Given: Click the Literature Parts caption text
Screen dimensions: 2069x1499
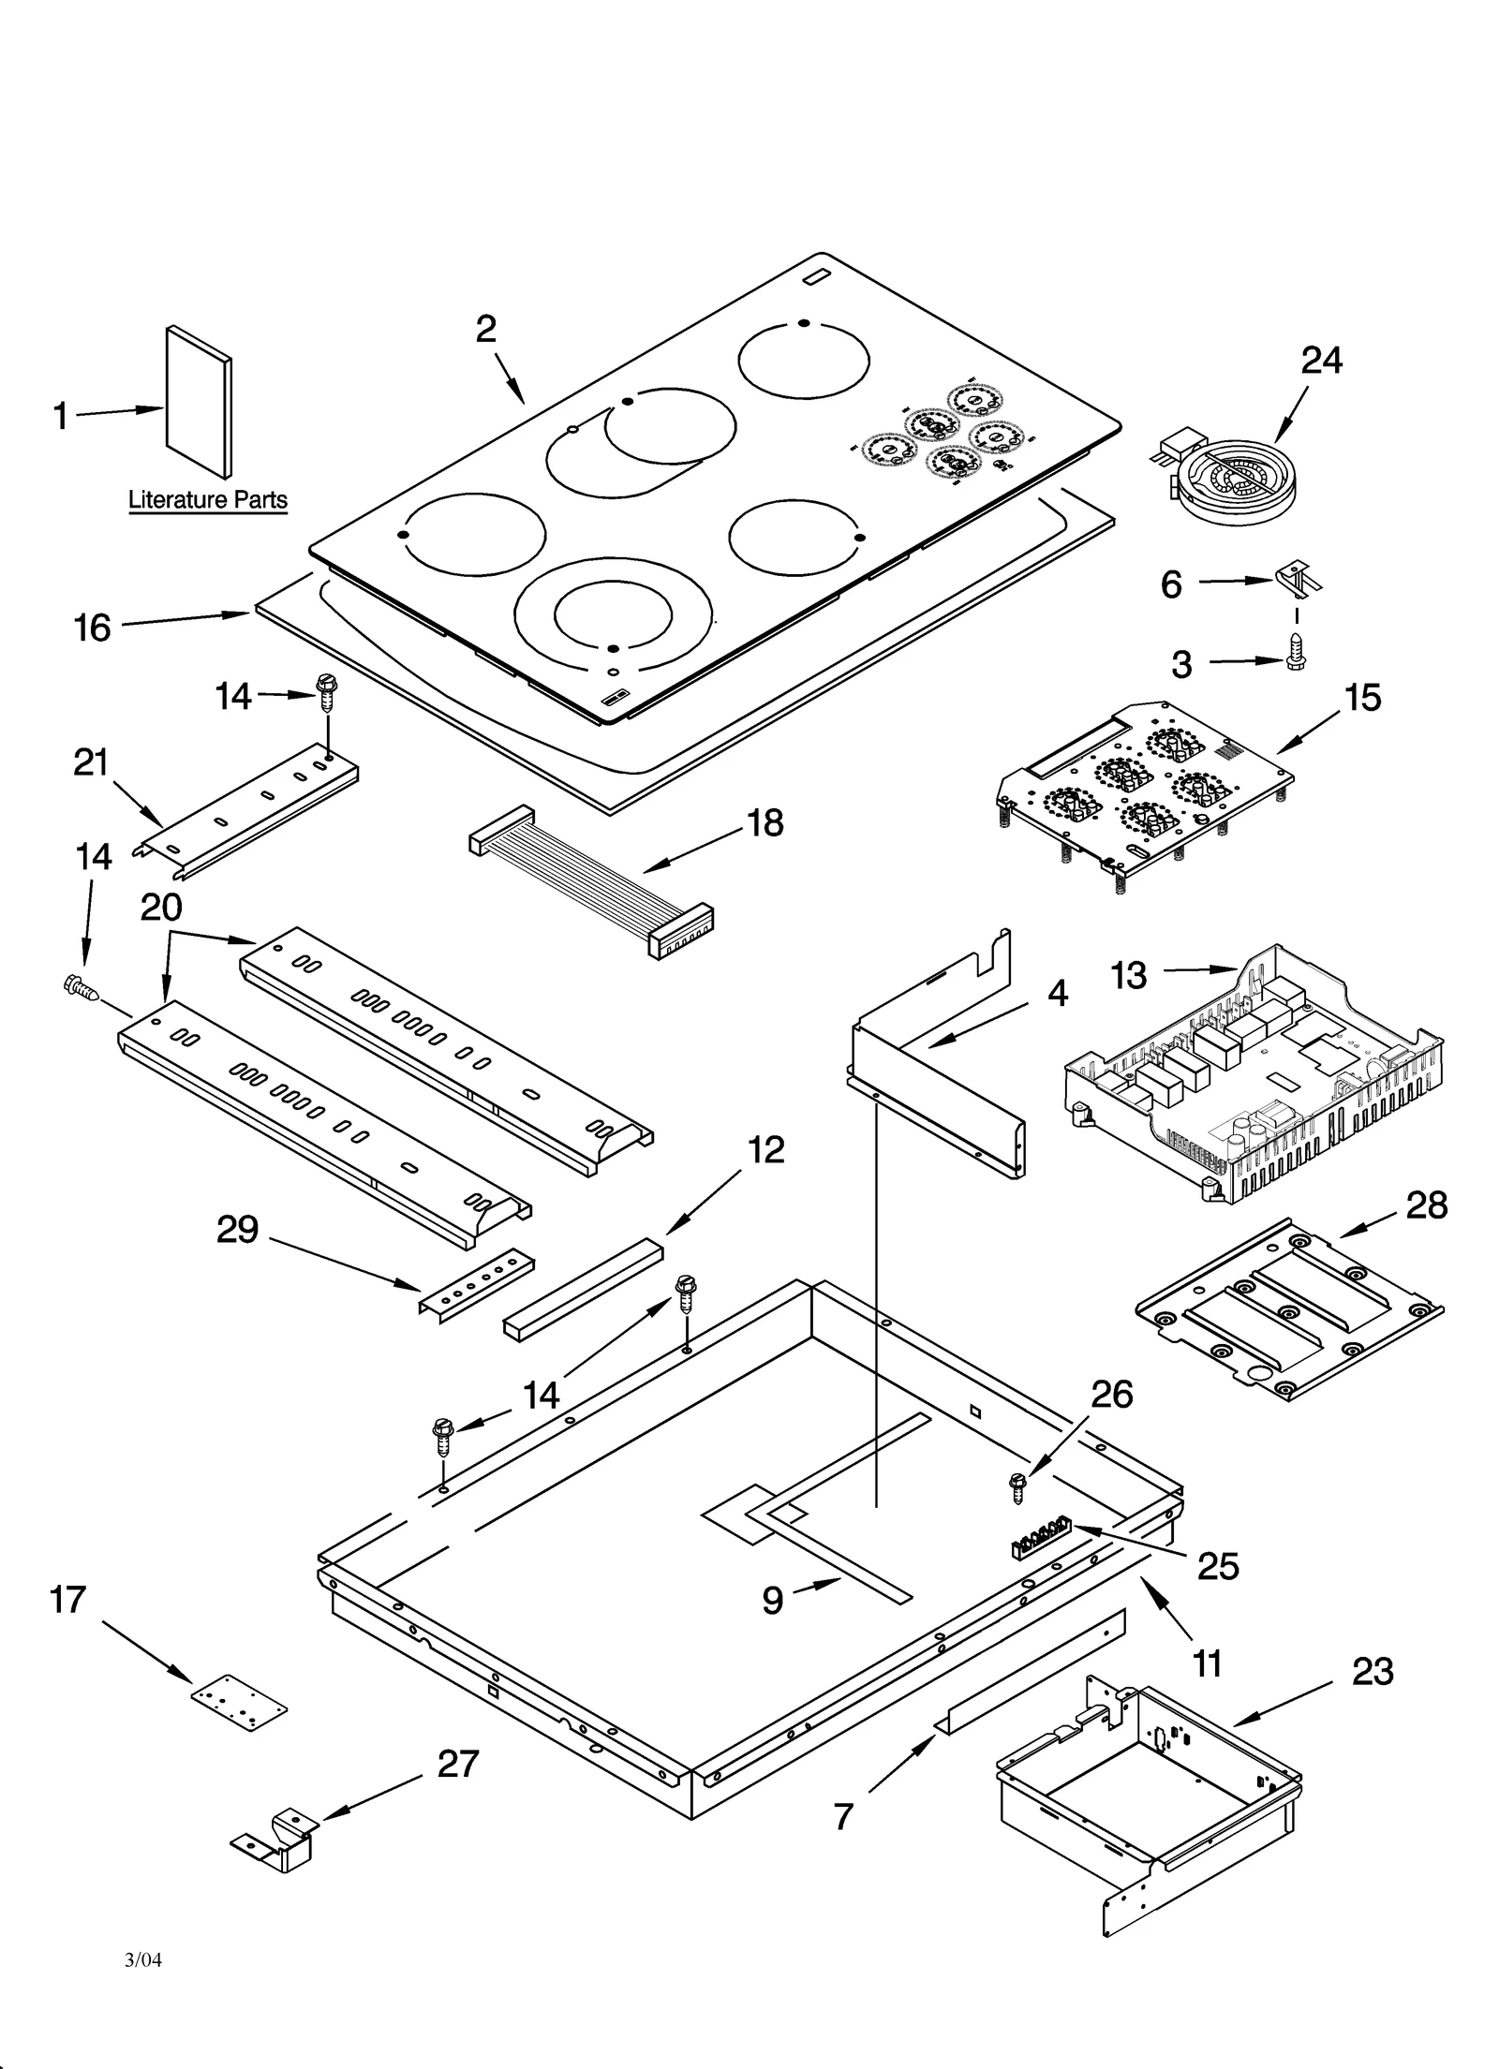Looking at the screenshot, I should coord(207,499).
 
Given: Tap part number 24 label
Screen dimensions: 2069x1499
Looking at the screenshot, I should coord(1321,360).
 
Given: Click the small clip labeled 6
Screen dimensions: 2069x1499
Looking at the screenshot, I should coord(1299,578).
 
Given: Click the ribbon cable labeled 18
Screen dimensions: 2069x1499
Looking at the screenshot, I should coord(590,876).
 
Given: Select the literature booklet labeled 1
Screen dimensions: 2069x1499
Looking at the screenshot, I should coord(198,402).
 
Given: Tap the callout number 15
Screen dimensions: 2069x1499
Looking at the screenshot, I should coord(1362,698).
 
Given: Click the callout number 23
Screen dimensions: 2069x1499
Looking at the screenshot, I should coord(1373,1671).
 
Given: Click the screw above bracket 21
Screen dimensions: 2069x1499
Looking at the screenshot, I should coord(326,692).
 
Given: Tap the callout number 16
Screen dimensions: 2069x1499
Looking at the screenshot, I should coord(93,628).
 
